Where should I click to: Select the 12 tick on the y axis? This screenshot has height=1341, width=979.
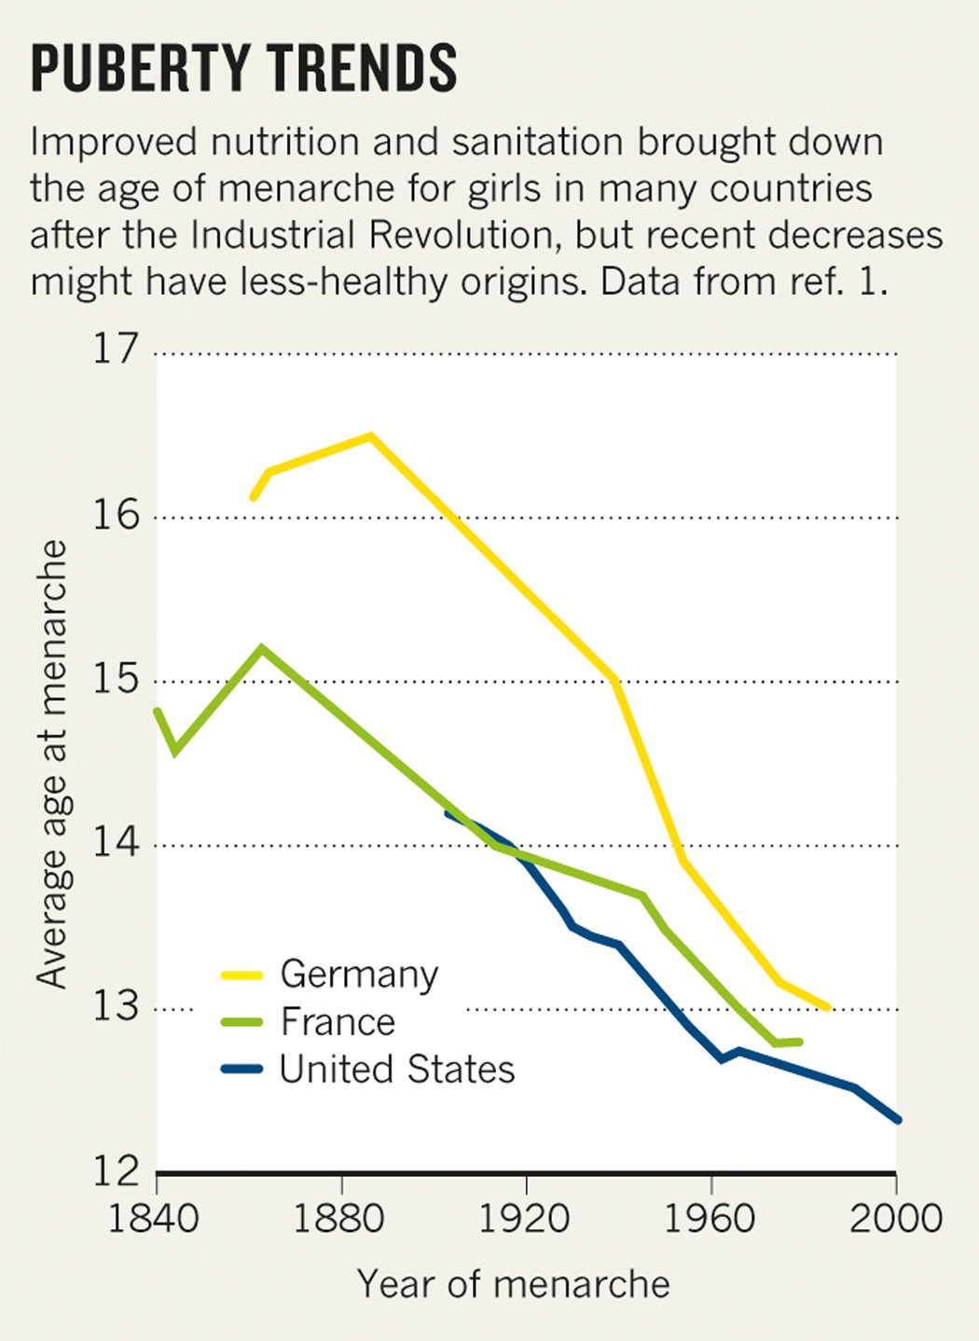115,1170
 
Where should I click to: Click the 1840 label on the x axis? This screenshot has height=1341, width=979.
154,1218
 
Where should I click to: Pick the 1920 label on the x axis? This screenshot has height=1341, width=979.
525,1218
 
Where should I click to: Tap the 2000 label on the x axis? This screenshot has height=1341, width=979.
895,1218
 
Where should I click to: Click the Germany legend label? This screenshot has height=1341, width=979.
359,975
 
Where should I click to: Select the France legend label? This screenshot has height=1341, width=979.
338,1022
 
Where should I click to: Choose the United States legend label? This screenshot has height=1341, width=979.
396,1070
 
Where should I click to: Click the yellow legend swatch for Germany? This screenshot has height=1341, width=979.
241,975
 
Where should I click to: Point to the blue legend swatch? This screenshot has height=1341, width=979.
241,1070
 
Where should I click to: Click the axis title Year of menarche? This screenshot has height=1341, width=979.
513,1284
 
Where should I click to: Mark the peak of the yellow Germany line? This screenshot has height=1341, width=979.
370,435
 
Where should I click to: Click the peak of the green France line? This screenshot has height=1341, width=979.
262,648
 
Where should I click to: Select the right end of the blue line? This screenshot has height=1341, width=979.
897,1119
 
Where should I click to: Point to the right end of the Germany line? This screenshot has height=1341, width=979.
827,1007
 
